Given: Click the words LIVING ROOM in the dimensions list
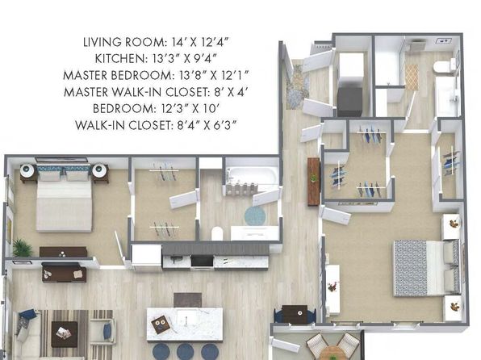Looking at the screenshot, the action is coord(125,42).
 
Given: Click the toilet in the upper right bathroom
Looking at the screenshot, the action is coord(444,67).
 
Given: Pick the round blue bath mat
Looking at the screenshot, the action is coord(255,216).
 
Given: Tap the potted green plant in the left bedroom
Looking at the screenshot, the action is coord(22,248).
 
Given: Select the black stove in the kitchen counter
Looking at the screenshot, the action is coord(202,262).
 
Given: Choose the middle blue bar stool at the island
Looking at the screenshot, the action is coord(185,352).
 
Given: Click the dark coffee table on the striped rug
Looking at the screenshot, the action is coord(64,334).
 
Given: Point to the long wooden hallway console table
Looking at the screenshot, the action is coord(313,182).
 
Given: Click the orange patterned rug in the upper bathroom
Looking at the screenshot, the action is coord(412,77).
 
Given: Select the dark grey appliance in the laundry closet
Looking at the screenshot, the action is coord(349,102).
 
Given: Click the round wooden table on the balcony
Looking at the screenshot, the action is coord(333,354).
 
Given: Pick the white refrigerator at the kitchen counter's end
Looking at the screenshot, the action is coord(147,257).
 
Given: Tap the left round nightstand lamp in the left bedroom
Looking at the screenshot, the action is coord(27,170).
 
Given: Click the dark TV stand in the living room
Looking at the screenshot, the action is coord(64,272).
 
